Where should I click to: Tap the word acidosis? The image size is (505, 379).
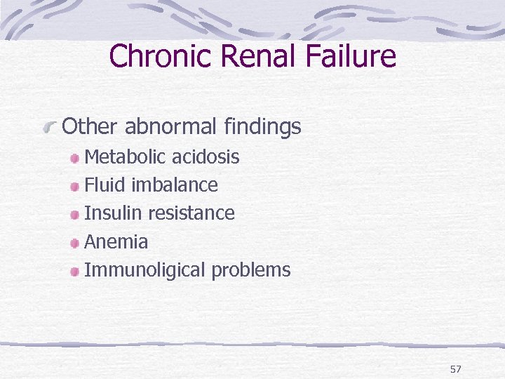coord(209,157)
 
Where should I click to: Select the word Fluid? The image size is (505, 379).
coord(104,185)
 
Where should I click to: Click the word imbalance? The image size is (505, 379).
coord(175,185)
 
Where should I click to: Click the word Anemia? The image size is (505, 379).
coord(116,242)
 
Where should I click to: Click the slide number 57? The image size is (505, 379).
coord(456,368)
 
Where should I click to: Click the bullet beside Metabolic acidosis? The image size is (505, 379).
coord(75,157)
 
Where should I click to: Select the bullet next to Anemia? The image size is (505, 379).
coord(75,243)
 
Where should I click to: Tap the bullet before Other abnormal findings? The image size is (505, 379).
coord(50,127)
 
